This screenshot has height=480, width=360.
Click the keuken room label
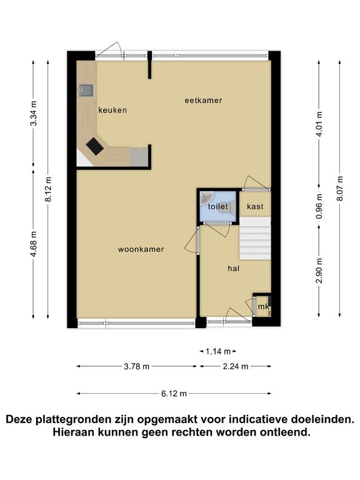(112, 110)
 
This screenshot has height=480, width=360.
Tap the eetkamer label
(203, 101)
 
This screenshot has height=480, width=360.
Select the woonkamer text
(141, 249)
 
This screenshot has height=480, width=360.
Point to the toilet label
(218, 206)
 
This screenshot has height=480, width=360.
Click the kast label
(255, 206)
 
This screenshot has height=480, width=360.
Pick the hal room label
(234, 269)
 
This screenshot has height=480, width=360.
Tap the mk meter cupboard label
(263, 306)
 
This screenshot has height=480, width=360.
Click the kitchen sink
(86, 90)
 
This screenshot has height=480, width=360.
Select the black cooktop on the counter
(94, 146)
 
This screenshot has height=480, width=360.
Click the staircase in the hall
(255, 239)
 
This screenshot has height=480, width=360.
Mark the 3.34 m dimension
(33, 113)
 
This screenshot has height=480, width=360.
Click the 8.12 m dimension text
(48, 189)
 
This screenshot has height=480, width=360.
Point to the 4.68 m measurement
(33, 244)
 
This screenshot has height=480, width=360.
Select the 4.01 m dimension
(319, 124)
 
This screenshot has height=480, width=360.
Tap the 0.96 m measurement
(319, 207)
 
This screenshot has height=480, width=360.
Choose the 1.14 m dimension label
(217, 351)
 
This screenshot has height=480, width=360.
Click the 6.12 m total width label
(174, 394)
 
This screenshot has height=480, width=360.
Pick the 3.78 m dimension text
(136, 366)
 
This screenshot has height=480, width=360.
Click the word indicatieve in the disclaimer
(257, 419)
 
